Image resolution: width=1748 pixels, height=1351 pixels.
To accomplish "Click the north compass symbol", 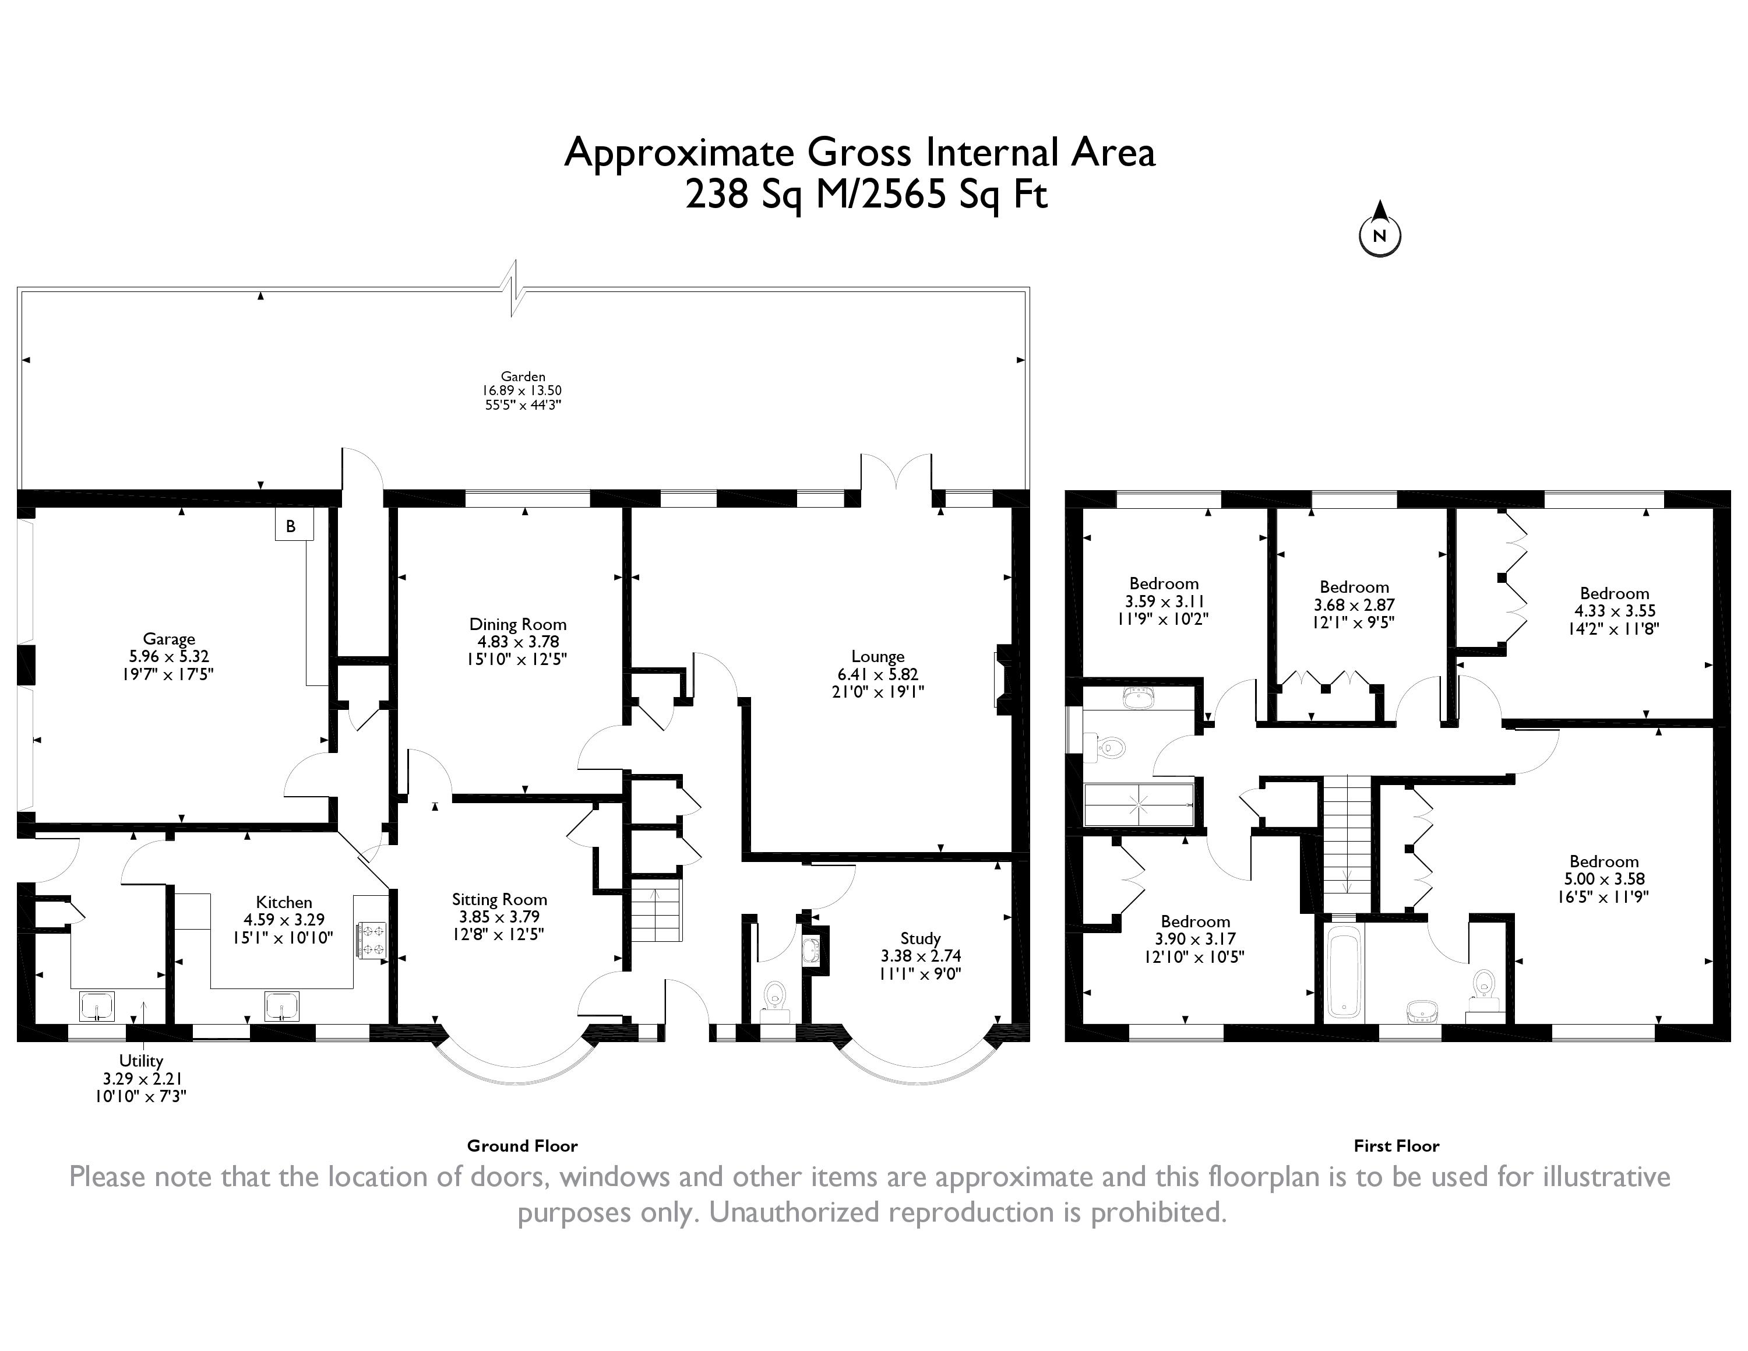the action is coord(1380,229).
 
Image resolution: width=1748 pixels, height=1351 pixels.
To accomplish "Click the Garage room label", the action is coord(169,639).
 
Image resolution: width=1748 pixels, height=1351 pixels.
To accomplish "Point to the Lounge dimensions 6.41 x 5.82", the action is coord(878,674).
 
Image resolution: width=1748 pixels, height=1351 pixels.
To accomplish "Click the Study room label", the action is coord(921,938).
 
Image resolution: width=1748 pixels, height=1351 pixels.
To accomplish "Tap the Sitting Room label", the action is coord(499,900).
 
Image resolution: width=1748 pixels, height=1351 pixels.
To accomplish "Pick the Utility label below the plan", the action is coord(141,1061).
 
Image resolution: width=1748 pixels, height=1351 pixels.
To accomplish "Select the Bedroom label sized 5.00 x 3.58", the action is coord(1604,861).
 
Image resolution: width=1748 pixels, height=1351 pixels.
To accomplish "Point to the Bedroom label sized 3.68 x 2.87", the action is coord(1354,587).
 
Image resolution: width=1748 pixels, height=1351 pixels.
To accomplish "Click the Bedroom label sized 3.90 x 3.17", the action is coord(1196,921).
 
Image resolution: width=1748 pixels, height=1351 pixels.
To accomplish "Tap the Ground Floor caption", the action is coord(523,1145).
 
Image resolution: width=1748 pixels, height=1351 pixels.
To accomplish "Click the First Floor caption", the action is coord(1397,1145).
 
